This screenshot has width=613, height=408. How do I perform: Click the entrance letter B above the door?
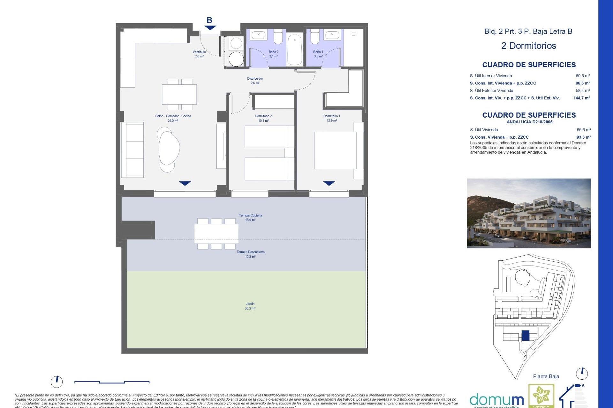coord(209,20)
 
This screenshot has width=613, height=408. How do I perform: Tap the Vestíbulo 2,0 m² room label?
coord(199,54)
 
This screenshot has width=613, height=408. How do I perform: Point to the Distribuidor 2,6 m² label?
coord(255,81)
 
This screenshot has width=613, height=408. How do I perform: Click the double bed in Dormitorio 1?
coord(335,150)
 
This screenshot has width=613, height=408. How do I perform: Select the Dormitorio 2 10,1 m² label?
coord(263,118)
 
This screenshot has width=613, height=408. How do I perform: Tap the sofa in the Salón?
coord(132,149)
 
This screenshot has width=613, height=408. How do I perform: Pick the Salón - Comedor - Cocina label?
coord(173,118)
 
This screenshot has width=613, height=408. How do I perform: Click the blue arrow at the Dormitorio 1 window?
coord(329,183)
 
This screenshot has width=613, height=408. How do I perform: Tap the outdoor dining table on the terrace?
coord(216,234)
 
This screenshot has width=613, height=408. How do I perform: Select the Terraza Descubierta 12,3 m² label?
coord(250,254)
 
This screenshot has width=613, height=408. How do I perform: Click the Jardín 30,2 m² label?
coord(250,306)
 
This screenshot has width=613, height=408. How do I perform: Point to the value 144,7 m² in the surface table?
coord(581,98)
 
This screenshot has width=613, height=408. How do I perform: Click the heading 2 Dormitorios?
coord(528,46)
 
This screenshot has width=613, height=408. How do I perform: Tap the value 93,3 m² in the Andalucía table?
coord(583,137)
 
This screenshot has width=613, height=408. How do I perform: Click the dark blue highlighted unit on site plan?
coord(525,335)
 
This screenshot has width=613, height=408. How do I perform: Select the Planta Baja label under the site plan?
coord(546,376)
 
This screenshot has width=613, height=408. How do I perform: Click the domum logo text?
coord(496,400)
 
